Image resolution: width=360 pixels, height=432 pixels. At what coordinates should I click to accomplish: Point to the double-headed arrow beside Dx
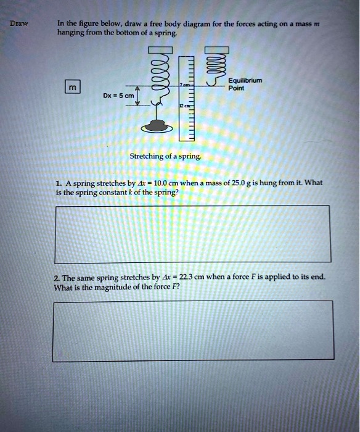click(x=139, y=96)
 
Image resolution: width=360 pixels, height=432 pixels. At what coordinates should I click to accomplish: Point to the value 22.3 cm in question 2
click(x=189, y=277)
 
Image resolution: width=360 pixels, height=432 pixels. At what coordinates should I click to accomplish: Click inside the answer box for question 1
click(x=192, y=234)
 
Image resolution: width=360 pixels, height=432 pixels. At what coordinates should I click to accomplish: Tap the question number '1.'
click(x=57, y=183)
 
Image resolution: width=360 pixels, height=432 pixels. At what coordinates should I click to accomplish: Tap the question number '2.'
click(x=56, y=277)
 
